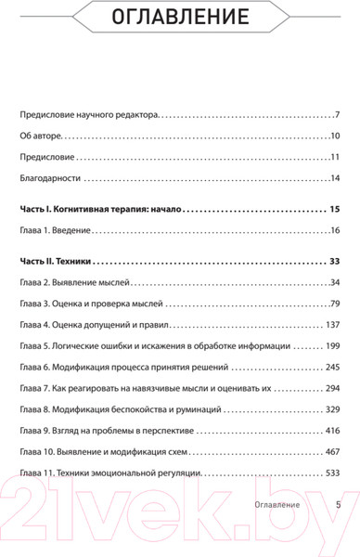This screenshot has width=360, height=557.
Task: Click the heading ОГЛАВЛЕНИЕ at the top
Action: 179,18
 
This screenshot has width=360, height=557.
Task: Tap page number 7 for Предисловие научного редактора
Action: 338,116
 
